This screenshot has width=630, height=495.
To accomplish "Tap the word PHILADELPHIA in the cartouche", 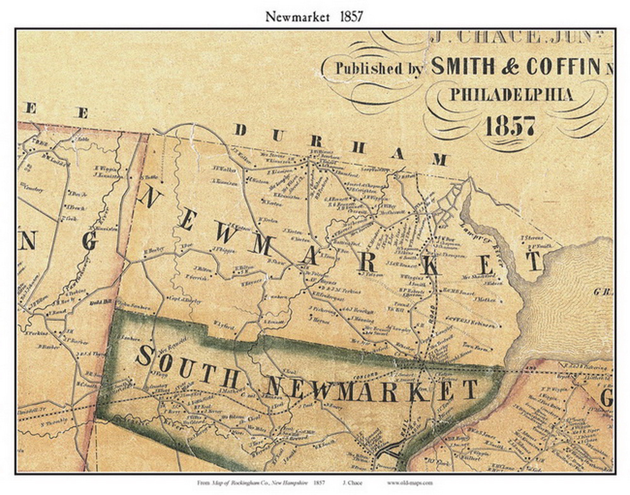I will tap(512, 94).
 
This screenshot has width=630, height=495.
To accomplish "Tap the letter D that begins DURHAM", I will tap(241, 130).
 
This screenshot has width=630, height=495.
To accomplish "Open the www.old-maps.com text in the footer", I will tap(409, 483).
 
